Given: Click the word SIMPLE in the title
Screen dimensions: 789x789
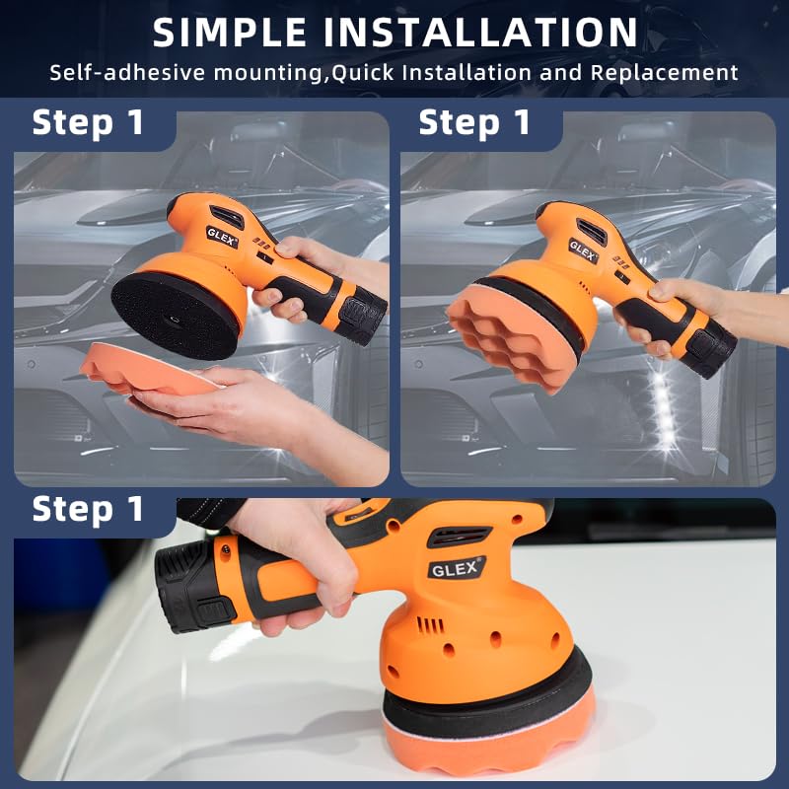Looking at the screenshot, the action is (x=230, y=33).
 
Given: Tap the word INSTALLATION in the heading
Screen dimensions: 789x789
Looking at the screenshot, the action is (x=480, y=33).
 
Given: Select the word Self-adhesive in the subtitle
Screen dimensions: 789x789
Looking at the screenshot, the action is (x=127, y=72).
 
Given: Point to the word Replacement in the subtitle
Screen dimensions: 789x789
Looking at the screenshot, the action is (x=664, y=73).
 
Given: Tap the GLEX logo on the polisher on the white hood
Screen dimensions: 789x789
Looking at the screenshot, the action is (x=457, y=568).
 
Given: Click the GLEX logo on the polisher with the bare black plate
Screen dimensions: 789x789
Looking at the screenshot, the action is (x=221, y=237).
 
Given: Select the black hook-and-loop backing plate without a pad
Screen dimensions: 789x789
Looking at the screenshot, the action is (x=177, y=316).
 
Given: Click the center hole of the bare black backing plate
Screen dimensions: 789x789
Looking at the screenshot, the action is (x=174, y=319).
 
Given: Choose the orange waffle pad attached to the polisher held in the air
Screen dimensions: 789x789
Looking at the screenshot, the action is (x=511, y=336).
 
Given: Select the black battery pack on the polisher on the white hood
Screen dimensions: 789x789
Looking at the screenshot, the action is (x=196, y=586).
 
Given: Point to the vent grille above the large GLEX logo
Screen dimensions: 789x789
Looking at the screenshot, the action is (x=458, y=537).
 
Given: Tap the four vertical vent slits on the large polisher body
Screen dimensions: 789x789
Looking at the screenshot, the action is (x=430, y=625).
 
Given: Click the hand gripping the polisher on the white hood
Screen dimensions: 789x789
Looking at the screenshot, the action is (x=297, y=563).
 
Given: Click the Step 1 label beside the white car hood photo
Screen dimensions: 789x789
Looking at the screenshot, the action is (x=88, y=509).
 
